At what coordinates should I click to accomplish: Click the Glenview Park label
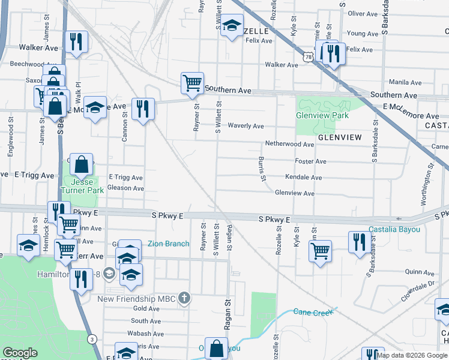pos(322,115)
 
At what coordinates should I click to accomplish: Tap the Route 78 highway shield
pos(308,56)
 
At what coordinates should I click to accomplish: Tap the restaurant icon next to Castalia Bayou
pos(359,242)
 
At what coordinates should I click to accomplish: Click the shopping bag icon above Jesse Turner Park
pos(83,163)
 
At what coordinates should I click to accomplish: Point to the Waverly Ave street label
pos(246,126)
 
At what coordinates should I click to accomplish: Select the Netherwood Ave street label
pos(290,144)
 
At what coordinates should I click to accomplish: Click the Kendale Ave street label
pos(303,178)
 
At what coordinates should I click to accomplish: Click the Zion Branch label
pos(169,244)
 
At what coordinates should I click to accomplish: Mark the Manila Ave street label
pos(405,82)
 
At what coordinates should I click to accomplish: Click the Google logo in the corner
pos(20,353)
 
